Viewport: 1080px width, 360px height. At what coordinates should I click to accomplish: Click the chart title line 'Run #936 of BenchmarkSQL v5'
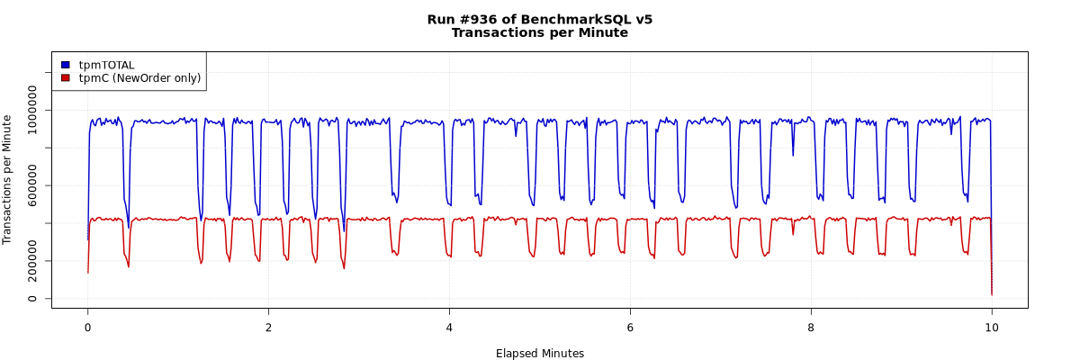click(x=540, y=19)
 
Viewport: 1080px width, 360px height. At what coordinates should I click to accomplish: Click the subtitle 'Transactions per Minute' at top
click(x=540, y=33)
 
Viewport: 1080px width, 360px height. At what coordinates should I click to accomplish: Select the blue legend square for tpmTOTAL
click(x=65, y=65)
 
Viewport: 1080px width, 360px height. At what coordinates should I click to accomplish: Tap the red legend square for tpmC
click(x=65, y=78)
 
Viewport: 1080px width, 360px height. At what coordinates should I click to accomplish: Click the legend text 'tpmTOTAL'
click(x=106, y=65)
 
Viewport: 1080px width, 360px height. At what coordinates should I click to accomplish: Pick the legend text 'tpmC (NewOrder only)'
click(x=139, y=78)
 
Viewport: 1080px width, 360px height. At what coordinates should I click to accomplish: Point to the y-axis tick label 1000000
click(x=33, y=110)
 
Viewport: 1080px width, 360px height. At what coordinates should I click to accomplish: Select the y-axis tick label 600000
click(x=33, y=185)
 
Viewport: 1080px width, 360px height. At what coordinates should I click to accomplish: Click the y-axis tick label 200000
click(x=33, y=261)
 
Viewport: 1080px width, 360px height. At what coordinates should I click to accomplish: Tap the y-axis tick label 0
click(x=33, y=299)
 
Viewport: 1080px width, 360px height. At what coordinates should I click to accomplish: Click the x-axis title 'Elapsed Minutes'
click(x=540, y=354)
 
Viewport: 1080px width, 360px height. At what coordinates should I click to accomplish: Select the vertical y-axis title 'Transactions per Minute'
click(x=8, y=179)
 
